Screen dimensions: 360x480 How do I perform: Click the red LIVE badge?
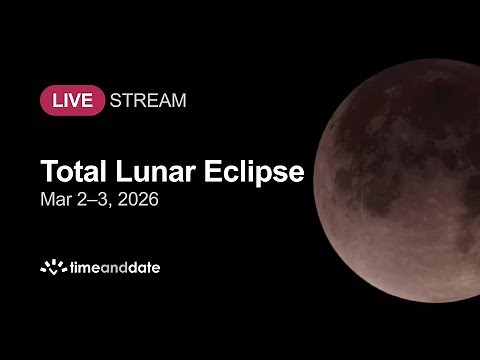(x=72, y=101)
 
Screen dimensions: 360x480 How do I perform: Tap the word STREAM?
(x=148, y=101)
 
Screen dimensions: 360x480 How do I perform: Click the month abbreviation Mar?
(x=55, y=199)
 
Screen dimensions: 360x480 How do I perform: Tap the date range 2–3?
(x=95, y=199)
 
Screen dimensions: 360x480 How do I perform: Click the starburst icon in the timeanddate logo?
(x=52, y=267)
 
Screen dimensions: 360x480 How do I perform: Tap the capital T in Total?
(x=47, y=171)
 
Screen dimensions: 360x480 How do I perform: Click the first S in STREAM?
(x=116, y=101)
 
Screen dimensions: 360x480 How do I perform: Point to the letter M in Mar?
(x=47, y=199)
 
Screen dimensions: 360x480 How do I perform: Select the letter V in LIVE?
(x=82, y=101)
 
